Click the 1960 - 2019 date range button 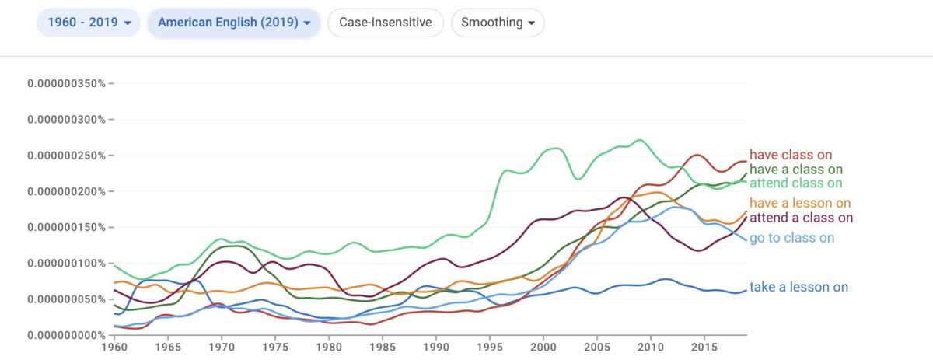89,23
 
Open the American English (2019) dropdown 234,23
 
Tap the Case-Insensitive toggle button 386,23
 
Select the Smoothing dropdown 498,23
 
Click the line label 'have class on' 791,155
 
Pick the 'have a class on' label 796,170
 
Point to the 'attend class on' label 795,183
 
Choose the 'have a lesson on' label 800,203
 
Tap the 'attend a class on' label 801,218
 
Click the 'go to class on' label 791,238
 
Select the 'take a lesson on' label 798,287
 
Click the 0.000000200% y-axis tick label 67,191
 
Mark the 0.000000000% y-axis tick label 67,335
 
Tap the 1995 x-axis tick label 490,347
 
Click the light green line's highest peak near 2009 640,140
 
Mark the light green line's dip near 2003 578,179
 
